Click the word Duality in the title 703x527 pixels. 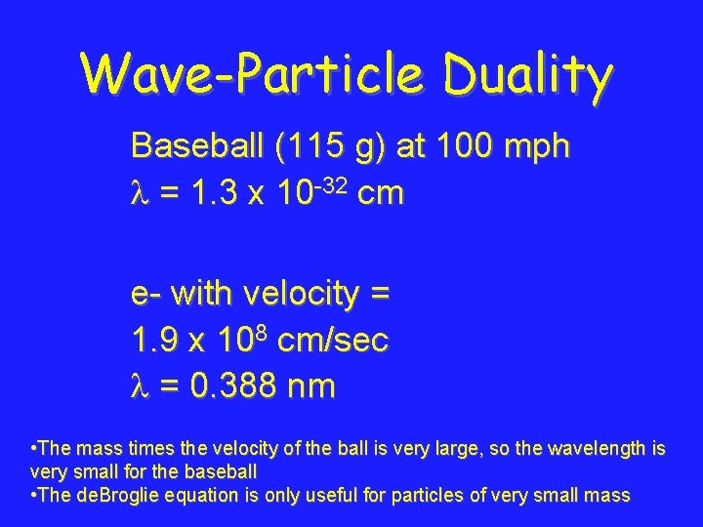pos(526,73)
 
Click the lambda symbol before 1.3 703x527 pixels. pos(139,193)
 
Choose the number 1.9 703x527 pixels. pos(154,340)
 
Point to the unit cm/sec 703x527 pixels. pos(333,340)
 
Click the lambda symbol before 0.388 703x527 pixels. pos(139,386)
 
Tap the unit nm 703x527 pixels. pos(311,386)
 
